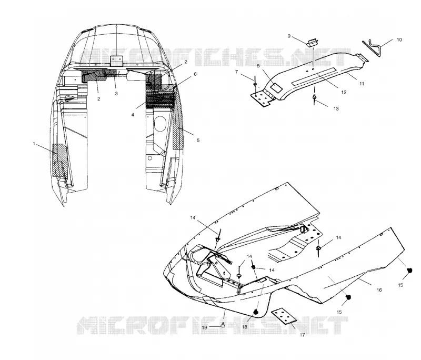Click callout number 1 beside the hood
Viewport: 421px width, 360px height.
34,144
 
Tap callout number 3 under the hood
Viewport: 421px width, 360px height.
116,94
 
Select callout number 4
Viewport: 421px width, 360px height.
133,115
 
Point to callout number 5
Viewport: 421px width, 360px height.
198,140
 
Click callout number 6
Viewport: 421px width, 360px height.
195,74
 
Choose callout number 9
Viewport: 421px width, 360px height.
289,36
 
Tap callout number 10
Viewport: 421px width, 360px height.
399,39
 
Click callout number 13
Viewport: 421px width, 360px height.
336,109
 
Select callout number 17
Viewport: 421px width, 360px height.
302,335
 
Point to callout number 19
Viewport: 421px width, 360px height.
204,327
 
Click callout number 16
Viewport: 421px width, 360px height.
379,290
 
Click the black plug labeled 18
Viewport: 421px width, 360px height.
256,312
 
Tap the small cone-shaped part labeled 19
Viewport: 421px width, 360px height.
223,325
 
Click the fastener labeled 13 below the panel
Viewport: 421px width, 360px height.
314,98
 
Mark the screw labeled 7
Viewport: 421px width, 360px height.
254,82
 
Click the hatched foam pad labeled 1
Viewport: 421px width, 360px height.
59,161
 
